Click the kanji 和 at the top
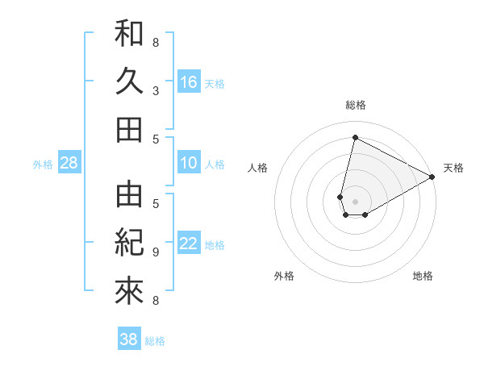[129, 33]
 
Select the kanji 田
[129, 129]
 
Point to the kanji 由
[129, 194]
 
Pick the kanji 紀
[129, 243]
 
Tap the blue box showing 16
[189, 81]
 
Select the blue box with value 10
[189, 163]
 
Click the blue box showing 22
[189, 244]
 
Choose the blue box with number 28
[69, 163]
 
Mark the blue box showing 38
[129, 339]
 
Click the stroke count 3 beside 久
[156, 91]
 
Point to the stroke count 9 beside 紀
[156, 252]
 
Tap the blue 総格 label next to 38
[155, 341]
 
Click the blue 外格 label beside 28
[43, 165]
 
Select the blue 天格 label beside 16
[215, 83]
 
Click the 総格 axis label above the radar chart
[356, 105]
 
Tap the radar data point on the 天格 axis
[432, 177]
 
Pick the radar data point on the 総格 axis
[356, 137]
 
